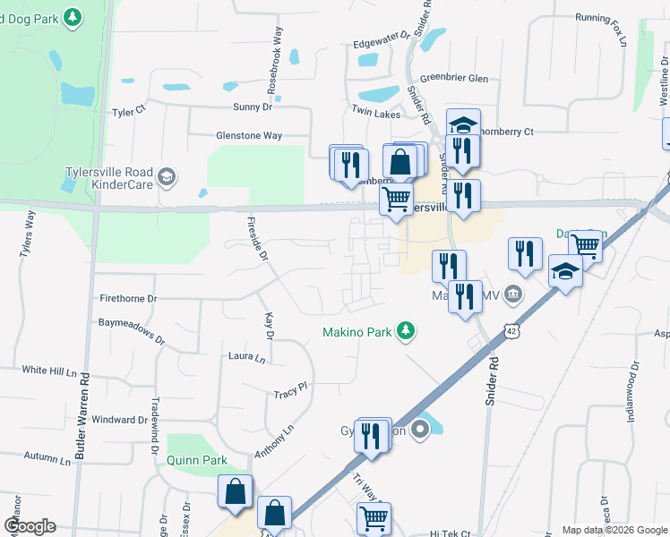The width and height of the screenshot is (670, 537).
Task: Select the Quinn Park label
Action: [196, 460]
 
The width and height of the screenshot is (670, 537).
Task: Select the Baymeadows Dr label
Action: [132, 328]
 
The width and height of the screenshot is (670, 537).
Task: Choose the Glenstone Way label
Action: [249, 136]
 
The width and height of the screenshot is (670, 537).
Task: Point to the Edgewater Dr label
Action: [381, 41]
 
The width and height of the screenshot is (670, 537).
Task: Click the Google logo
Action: [30, 526]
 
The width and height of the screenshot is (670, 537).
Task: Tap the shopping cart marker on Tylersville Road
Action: [396, 198]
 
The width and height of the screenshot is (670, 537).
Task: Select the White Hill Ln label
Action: [49, 370]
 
